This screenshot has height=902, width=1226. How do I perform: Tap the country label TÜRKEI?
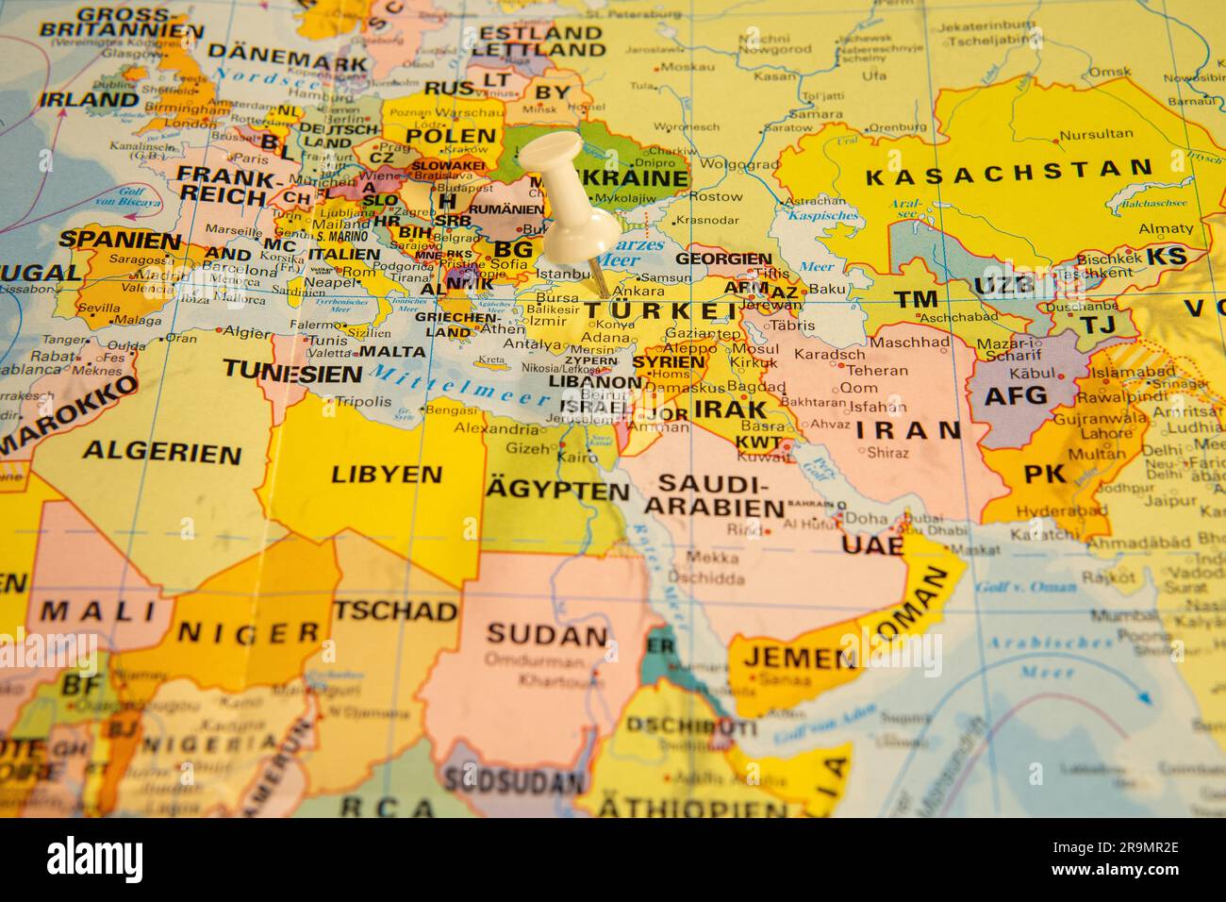click(x=660, y=311)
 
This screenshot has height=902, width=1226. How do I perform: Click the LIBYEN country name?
click(x=387, y=474)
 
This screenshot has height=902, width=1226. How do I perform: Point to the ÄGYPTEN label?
click(x=557, y=491)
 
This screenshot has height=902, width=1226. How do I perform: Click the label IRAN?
click(x=908, y=430)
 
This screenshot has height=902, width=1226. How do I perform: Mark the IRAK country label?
click(x=730, y=409)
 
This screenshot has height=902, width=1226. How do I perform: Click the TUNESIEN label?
click(x=292, y=372)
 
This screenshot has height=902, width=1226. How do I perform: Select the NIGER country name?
click(x=249, y=632)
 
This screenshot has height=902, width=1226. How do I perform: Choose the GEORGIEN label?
click(x=723, y=258)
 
